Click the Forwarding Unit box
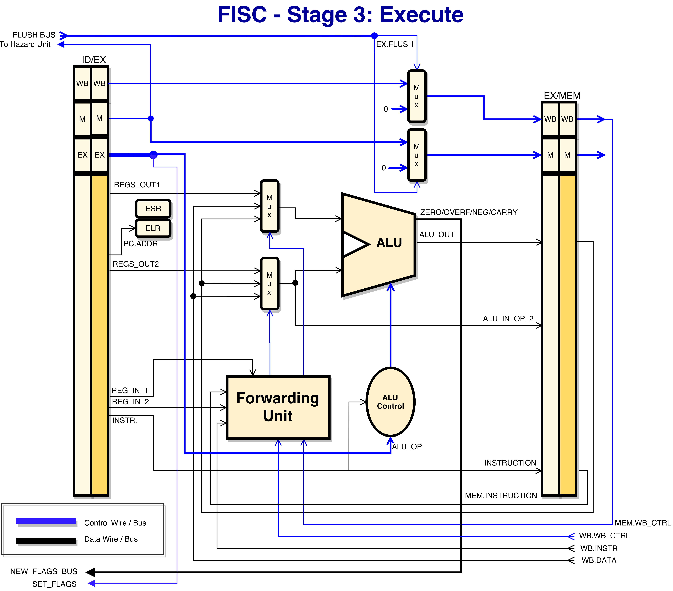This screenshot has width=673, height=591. pyautogui.click(x=278, y=407)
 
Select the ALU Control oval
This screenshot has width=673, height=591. pyautogui.click(x=391, y=402)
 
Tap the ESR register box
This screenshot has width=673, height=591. pyautogui.click(x=153, y=209)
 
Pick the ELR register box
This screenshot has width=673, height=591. pyautogui.click(x=153, y=228)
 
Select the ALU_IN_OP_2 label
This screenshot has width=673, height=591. pyautogui.click(x=508, y=319)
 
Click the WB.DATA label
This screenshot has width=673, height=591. pyautogui.click(x=599, y=560)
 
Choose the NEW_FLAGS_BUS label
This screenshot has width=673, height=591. pyautogui.click(x=44, y=571)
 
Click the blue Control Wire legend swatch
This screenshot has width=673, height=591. pyautogui.click(x=46, y=521)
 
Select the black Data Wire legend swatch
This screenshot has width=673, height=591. pyautogui.click(x=46, y=541)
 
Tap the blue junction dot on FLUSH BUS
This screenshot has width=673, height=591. pyautogui.click(x=374, y=36)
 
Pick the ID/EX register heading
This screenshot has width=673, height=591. pyautogui.click(x=94, y=60)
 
